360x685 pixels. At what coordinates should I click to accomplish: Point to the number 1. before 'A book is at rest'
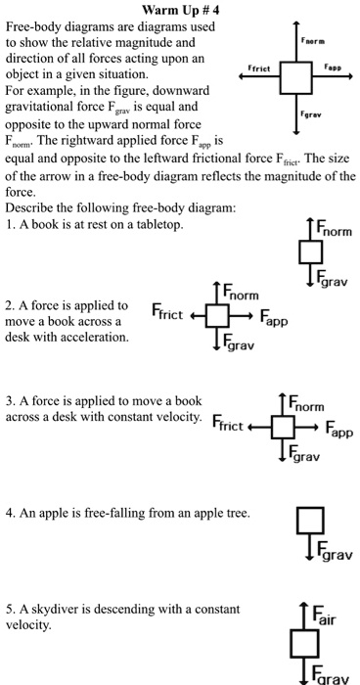[11, 225]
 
